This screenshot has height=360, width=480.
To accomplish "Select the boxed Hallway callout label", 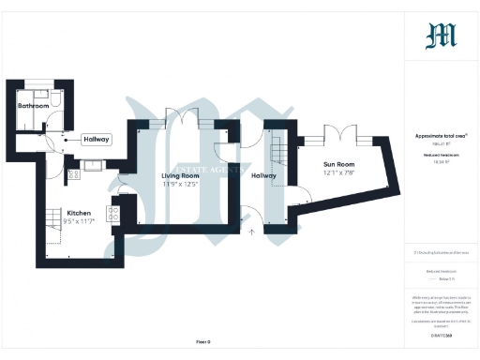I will click(x=96, y=140).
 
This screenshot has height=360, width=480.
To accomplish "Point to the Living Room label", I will click(x=180, y=175).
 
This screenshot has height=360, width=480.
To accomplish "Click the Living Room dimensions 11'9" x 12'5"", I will click(x=180, y=184).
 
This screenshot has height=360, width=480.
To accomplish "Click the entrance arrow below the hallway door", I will click(x=250, y=231).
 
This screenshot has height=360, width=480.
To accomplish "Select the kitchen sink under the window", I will click(x=93, y=167).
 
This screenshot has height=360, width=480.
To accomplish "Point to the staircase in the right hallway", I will click(x=277, y=147).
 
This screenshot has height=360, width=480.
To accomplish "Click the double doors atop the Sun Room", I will click(x=335, y=133).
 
